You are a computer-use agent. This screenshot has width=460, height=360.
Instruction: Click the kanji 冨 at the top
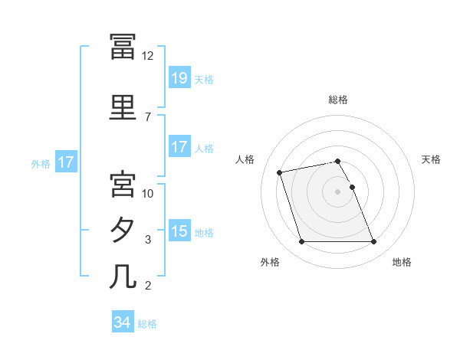pos(123,47)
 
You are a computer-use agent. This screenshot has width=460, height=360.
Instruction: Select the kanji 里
pos(123,107)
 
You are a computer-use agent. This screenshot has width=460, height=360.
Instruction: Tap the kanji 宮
pos(123,184)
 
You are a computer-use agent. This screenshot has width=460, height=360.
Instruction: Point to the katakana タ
pos(122,230)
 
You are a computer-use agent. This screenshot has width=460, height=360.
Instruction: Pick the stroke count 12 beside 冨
pos(147,56)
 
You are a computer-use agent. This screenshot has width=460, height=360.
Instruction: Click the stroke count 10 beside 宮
pos(147,194)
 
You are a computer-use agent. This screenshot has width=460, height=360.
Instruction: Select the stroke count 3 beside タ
pos(148,240)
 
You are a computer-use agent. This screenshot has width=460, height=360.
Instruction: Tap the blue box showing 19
pos(180,77)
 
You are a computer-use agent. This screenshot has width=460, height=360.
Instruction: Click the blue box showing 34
pos(123,321)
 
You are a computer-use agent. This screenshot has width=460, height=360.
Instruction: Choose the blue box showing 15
pos(180,230)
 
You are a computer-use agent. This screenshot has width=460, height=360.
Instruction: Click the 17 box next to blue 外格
pos(66,162)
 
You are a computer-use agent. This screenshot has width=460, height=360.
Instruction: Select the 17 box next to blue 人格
pos(180,146)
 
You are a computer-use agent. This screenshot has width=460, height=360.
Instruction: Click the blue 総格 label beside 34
pos(147,324)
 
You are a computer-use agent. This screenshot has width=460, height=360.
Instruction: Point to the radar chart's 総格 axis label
pos(338,100)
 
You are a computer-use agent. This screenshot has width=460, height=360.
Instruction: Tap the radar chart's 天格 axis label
pos(431,159)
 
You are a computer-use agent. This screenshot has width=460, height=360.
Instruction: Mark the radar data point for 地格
pos(374,241)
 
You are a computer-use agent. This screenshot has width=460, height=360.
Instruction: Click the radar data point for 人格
pos(279,172)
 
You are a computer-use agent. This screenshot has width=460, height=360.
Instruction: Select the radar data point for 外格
pos(301,241)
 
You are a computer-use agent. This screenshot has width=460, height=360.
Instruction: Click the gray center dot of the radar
pos(337,191)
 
